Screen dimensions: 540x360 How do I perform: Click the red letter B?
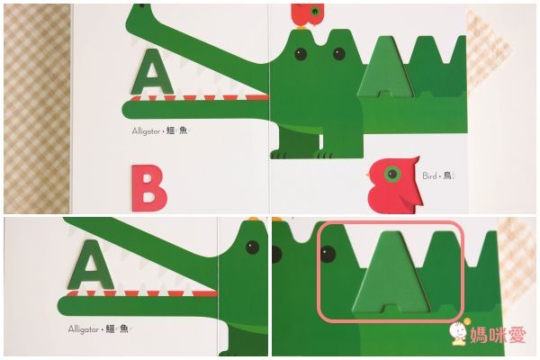click(148, 188)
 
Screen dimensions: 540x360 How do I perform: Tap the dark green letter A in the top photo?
click(152, 72)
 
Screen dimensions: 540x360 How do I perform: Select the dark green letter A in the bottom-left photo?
click(91, 265)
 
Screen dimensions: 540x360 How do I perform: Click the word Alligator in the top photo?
click(146, 131)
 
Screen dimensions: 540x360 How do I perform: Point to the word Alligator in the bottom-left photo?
click(84, 329)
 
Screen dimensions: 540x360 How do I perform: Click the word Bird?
click(429, 176)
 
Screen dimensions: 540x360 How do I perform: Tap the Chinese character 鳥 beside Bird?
click(447, 175)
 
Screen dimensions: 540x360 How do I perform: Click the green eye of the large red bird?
click(391, 174)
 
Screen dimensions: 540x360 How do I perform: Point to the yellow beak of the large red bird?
click(368, 175)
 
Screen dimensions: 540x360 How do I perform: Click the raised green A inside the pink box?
click(391, 272)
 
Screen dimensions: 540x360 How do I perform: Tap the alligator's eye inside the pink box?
click(328, 254)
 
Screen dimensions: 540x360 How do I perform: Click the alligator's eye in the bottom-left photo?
click(252, 247)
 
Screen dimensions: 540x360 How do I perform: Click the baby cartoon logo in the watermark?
click(458, 332)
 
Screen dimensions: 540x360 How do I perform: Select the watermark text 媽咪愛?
click(499, 335)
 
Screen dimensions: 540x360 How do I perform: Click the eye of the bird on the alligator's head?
click(315, 12)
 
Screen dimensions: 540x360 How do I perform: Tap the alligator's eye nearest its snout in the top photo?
click(301, 54)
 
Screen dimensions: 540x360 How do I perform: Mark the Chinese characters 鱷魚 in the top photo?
click(176, 130)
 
